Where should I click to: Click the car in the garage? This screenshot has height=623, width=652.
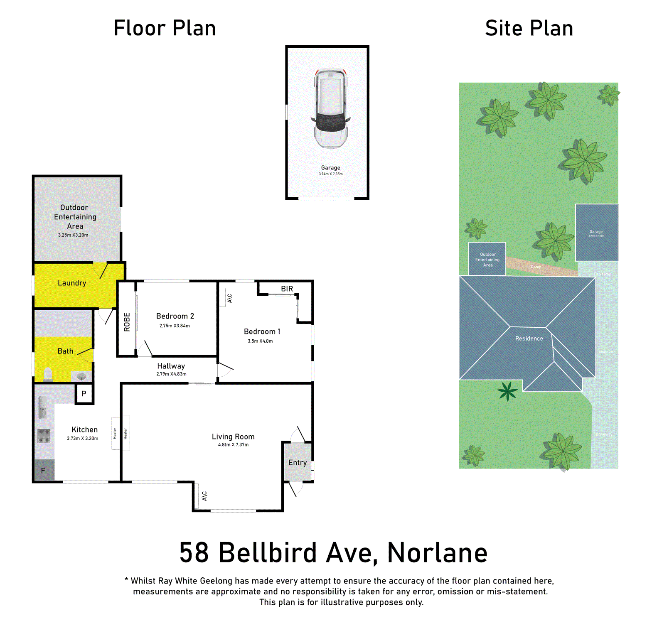pyautogui.click(x=331, y=108)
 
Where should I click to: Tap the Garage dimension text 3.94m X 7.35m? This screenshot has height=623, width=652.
pyautogui.click(x=330, y=174)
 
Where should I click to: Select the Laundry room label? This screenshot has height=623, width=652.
pyautogui.click(x=72, y=283)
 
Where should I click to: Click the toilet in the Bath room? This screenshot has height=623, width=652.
pyautogui.click(x=48, y=374)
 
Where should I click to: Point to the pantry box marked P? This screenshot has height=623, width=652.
pyautogui.click(x=84, y=393)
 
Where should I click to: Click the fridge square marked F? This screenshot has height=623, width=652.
pyautogui.click(x=43, y=471)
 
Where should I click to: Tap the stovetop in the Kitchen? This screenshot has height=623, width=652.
pyautogui.click(x=44, y=436)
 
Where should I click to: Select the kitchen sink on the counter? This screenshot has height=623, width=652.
pyautogui.click(x=42, y=407)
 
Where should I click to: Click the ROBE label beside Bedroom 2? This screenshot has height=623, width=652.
pyautogui.click(x=127, y=322)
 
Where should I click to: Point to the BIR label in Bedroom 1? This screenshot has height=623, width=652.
pyautogui.click(x=287, y=289)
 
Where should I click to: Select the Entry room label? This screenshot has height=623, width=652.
pyautogui.click(x=298, y=463)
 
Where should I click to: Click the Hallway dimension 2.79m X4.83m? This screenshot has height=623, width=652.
pyautogui.click(x=171, y=374)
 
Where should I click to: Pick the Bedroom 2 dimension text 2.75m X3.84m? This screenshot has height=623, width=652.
pyautogui.click(x=175, y=326)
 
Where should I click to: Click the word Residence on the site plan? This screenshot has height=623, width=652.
pyautogui.click(x=529, y=338)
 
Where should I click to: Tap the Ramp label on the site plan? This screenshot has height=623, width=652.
pyautogui.click(x=536, y=267)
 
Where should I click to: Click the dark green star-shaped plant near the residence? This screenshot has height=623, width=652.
pyautogui.click(x=507, y=392)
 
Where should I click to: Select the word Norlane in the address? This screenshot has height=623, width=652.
pyautogui.click(x=437, y=553)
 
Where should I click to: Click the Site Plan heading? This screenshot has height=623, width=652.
pyautogui.click(x=529, y=28)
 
